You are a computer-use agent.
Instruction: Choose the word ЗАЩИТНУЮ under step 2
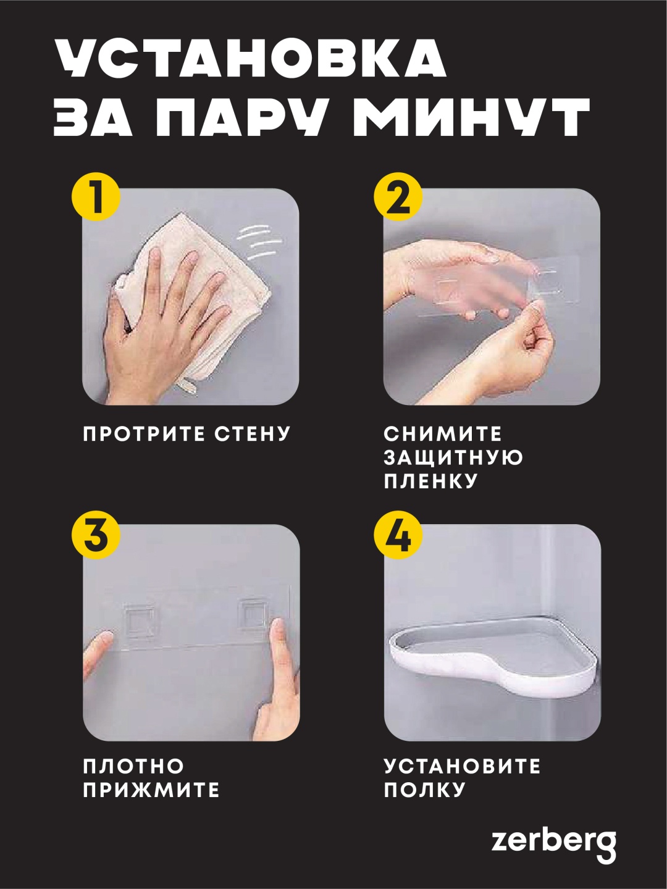(453, 457)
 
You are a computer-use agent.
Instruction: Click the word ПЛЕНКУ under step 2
(430, 482)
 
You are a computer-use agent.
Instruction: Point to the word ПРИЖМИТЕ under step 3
(151, 790)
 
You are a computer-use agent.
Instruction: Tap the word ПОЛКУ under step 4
(424, 790)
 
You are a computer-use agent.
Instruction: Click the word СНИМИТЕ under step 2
(443, 434)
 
